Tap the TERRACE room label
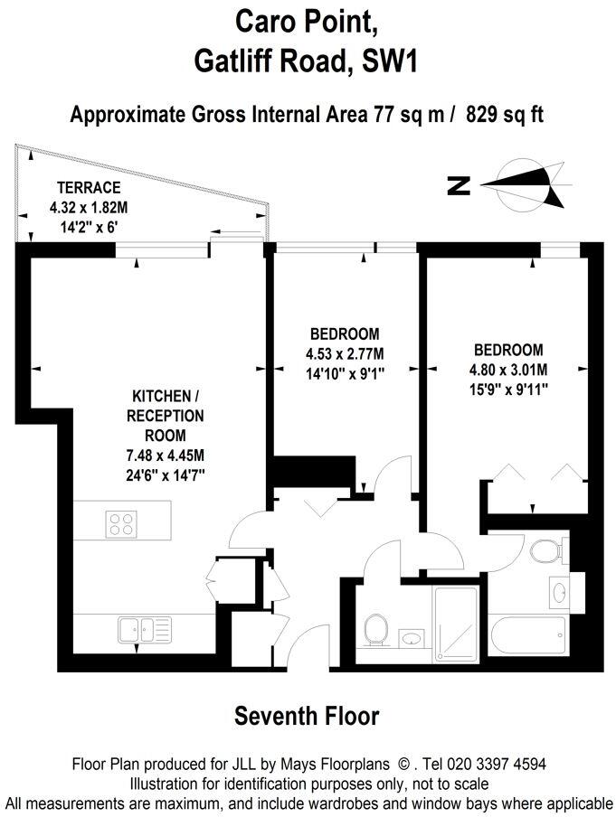tap(89, 188)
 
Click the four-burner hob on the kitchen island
tap(120, 523)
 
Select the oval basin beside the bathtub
tap(558, 593)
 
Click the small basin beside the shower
tap(412, 638)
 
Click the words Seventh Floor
tap(307, 717)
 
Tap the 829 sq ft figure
tap(505, 115)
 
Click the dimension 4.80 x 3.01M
tap(508, 369)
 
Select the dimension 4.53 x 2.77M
tap(343, 352)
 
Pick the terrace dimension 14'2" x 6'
tap(88, 223)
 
